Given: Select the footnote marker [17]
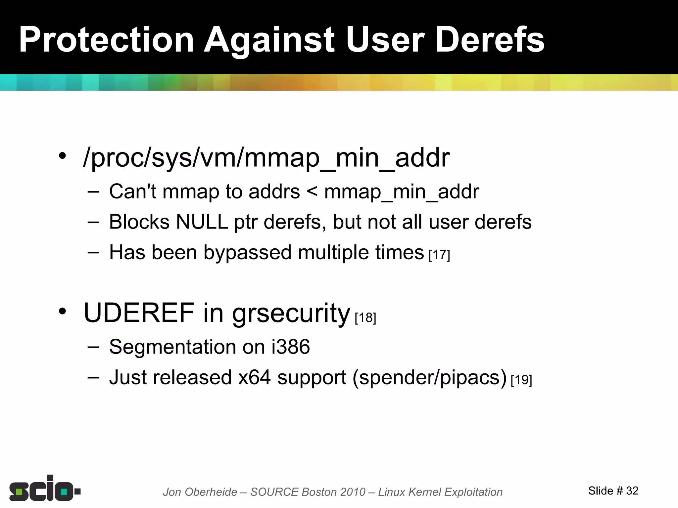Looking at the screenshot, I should (439, 255).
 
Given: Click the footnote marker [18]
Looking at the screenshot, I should (365, 318).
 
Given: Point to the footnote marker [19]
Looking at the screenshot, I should (521, 380).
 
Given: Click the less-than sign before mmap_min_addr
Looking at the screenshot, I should (312, 192).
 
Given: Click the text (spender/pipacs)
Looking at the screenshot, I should (429, 377).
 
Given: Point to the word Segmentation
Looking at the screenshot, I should (172, 347).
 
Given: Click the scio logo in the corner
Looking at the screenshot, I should (45, 488).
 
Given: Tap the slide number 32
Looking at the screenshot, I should (632, 491).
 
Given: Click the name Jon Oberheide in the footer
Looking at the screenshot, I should (200, 492).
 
